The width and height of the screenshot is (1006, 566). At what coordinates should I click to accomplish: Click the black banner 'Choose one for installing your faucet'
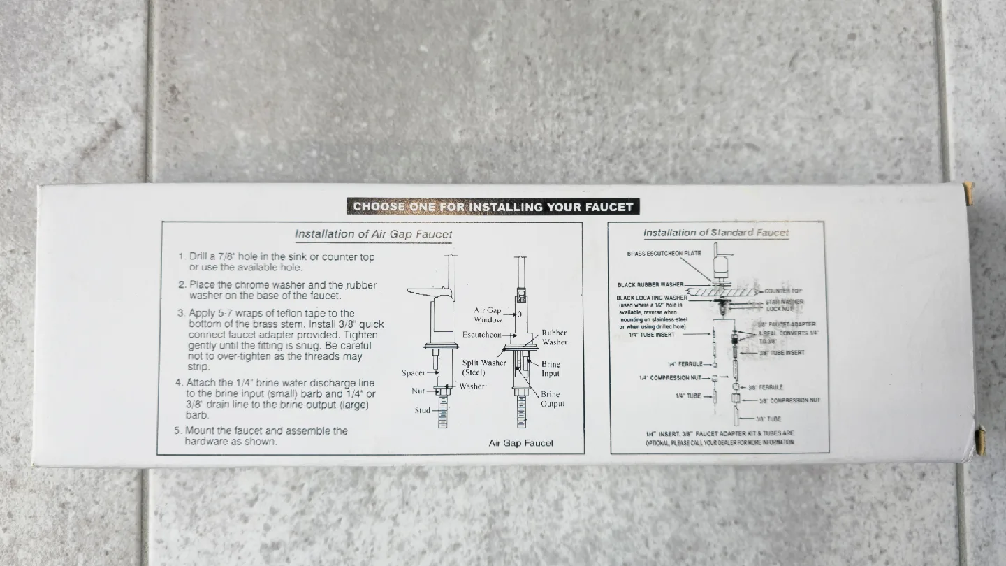(x=493, y=206)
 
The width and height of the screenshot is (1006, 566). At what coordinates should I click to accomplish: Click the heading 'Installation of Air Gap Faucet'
(x=373, y=234)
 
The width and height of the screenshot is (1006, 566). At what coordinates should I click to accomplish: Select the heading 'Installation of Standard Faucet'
(x=715, y=233)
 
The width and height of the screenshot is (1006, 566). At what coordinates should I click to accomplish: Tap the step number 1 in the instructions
(x=182, y=257)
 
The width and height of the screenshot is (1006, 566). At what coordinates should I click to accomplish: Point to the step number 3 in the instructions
(x=181, y=313)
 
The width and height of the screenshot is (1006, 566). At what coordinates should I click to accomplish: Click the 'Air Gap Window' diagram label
(x=488, y=314)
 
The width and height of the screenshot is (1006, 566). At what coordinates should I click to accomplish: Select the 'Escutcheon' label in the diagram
(x=481, y=335)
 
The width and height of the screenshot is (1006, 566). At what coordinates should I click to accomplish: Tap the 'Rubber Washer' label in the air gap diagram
(x=554, y=338)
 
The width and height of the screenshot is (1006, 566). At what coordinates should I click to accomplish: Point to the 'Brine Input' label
(x=551, y=368)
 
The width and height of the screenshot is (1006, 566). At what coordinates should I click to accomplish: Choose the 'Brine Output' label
(x=552, y=399)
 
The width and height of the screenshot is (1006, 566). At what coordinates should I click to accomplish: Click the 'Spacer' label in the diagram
(x=414, y=373)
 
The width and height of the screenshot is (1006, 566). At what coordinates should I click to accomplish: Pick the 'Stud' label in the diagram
(x=422, y=410)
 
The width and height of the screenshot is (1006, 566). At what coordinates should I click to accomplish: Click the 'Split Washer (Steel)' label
(x=483, y=368)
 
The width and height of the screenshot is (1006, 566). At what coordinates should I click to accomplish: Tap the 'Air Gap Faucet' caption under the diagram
(x=520, y=443)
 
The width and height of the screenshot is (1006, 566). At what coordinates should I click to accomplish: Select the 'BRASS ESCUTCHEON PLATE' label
(x=664, y=253)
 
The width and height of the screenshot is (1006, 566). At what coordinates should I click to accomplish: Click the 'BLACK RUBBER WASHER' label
(x=650, y=285)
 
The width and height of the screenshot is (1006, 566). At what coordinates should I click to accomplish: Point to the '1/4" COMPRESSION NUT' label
(x=671, y=378)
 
